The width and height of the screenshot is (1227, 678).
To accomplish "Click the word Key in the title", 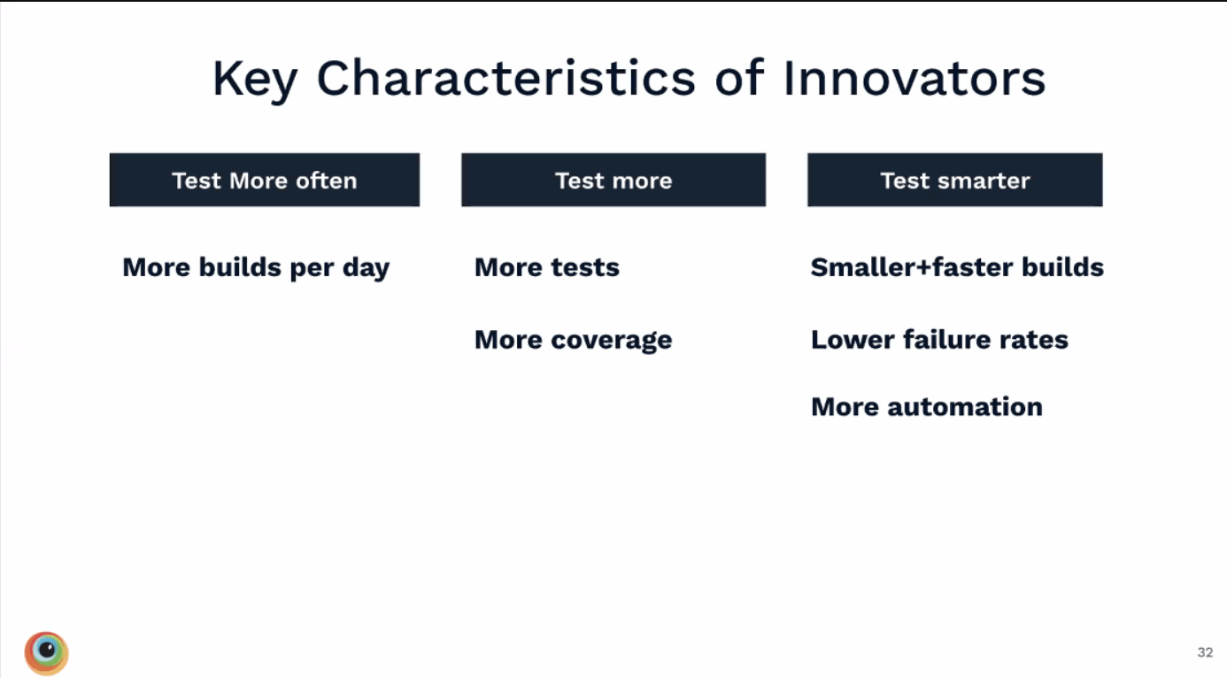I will pyautogui.click(x=255, y=80).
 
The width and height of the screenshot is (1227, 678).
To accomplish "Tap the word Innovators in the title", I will pyautogui.click(x=914, y=78).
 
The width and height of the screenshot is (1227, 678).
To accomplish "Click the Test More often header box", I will pyautogui.click(x=264, y=181).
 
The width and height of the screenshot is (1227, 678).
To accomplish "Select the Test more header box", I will pyautogui.click(x=613, y=181).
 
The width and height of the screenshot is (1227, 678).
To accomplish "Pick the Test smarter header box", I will pyautogui.click(x=954, y=181).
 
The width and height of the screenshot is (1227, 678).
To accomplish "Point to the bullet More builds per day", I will pyautogui.click(x=256, y=268).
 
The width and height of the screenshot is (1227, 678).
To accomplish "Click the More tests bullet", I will pyautogui.click(x=546, y=267).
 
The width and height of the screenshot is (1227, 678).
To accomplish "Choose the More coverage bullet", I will pyautogui.click(x=573, y=340).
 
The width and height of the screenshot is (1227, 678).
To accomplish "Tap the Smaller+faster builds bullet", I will pyautogui.click(x=957, y=267).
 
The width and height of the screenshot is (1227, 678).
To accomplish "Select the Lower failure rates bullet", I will pyautogui.click(x=939, y=340).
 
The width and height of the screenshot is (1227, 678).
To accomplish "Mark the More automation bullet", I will pyautogui.click(x=926, y=407).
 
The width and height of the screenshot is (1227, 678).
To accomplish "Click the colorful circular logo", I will pyautogui.click(x=46, y=653).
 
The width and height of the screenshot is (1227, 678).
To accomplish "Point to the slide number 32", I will pyautogui.click(x=1205, y=652).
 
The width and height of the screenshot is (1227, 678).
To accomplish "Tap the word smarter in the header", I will pyautogui.click(x=986, y=181).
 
